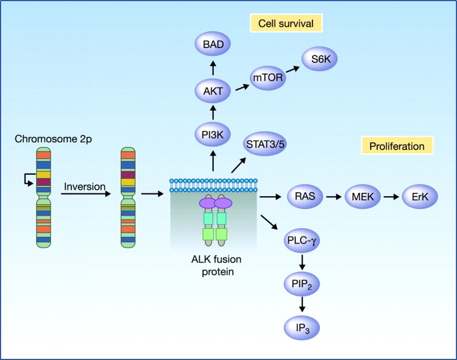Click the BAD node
pos(213,45)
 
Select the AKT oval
pos(213,92)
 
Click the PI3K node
pos(213,135)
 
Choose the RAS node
pos(304,196)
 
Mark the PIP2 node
pos(302,284)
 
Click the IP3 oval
pos(302,327)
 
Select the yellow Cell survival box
pos(286,24)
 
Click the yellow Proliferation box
pos(397,146)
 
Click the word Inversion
pos(84,186)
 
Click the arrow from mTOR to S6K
pos(293,68)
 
